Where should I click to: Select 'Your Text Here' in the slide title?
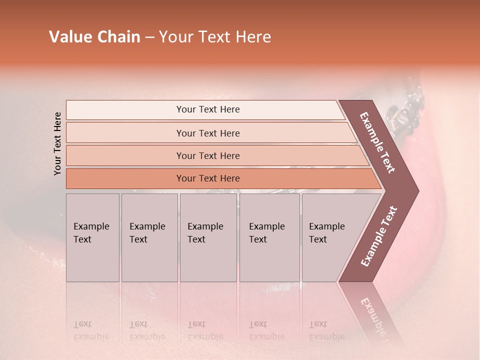[x=215, y=37]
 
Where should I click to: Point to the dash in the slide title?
[x=149, y=37]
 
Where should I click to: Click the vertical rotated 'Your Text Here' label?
[x=57, y=143]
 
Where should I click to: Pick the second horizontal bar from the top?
[x=208, y=133]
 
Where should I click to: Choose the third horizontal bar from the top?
[x=208, y=155]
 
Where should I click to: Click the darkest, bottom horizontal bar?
[x=208, y=178]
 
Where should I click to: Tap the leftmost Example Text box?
[x=92, y=237]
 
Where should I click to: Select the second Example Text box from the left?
[x=149, y=237]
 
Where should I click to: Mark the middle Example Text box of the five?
[x=208, y=237]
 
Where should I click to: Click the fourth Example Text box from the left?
[x=269, y=237]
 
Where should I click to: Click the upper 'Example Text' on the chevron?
[x=378, y=142]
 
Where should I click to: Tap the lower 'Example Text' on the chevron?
[x=379, y=236]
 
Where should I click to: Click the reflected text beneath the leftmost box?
[x=91, y=330]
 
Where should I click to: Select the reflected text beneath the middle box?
[x=205, y=330]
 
